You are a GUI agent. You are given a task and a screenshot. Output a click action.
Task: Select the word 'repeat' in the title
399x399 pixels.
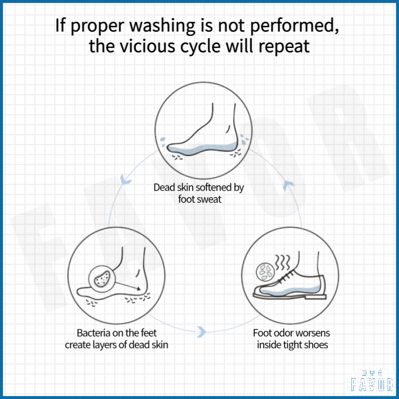click(284, 47)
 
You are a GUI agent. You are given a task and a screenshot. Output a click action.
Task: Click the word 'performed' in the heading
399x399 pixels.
click(294, 26)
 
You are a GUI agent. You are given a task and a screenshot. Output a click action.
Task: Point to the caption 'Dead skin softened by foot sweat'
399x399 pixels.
click(199, 193)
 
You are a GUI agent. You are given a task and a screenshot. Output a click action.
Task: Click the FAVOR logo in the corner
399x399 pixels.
click(372, 381)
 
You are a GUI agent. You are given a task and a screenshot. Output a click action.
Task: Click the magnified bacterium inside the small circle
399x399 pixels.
click(102, 279)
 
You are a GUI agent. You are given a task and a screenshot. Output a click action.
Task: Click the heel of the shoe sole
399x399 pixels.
click(316, 297)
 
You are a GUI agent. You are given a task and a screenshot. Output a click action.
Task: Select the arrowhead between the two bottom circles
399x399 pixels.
click(202, 332)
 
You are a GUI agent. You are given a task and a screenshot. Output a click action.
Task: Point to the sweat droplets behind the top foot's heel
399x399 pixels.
click(244, 139)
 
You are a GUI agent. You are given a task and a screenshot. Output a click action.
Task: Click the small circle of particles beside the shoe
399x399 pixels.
click(265, 272)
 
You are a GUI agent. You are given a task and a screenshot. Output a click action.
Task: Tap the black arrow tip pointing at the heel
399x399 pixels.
click(139, 289)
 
